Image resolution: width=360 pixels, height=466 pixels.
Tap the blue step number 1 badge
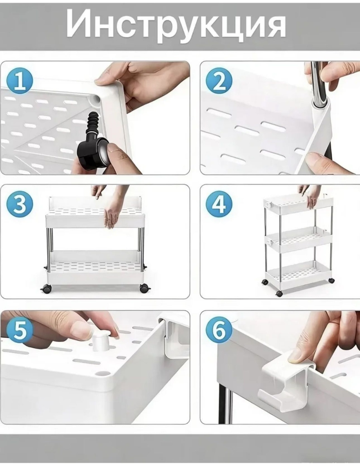click(x=20, y=82)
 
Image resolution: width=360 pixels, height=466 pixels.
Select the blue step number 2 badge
click(x=219, y=82)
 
